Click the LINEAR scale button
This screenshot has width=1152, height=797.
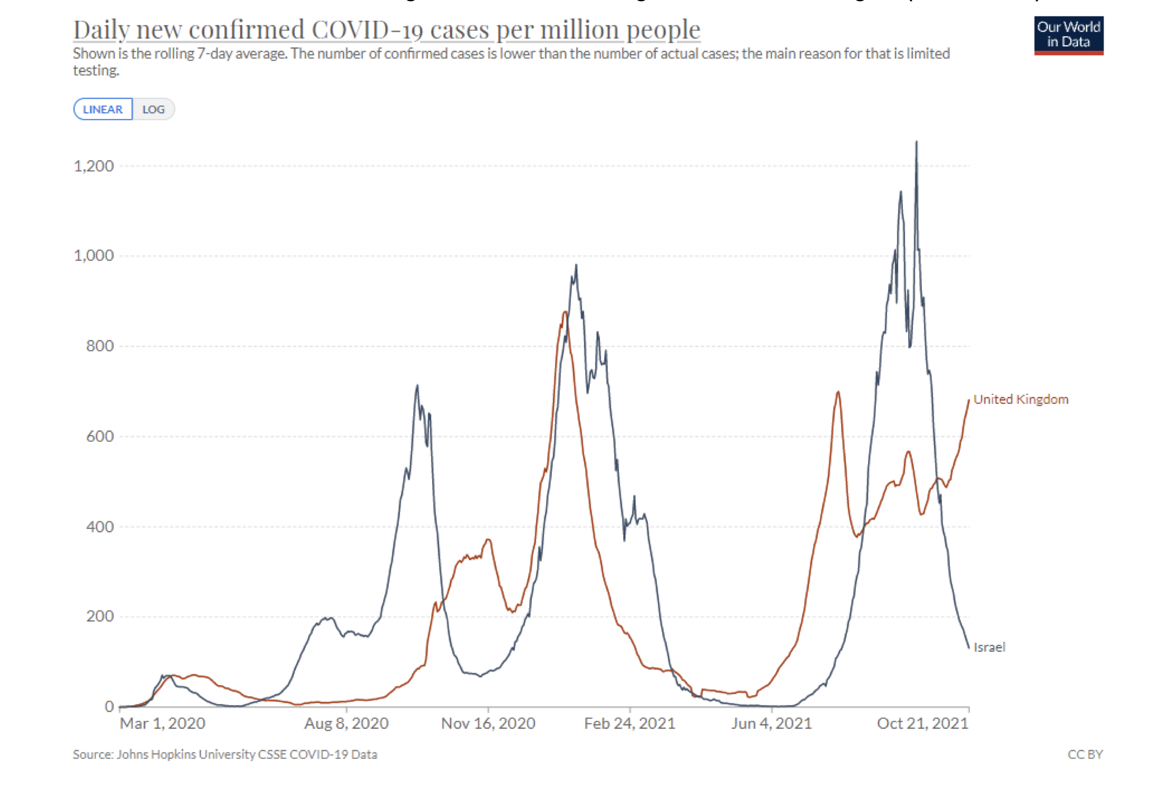click(103, 110)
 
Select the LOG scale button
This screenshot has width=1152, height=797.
click(153, 110)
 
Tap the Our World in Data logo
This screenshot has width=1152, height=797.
click(1068, 35)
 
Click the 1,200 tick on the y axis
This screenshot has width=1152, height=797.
click(94, 166)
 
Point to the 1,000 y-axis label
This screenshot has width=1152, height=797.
click(94, 256)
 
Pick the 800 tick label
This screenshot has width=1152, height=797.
click(100, 346)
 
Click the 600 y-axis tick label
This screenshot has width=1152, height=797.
click(100, 436)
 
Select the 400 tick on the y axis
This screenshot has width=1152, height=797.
click(100, 527)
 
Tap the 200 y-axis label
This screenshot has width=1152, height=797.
click(100, 616)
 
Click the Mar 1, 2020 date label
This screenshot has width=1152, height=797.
click(162, 724)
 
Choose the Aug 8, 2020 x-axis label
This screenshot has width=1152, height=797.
click(347, 724)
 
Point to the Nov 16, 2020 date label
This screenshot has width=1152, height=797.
click(488, 724)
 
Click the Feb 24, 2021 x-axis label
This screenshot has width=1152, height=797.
click(630, 724)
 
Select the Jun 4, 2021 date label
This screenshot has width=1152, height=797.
click(771, 724)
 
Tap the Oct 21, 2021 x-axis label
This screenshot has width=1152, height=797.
click(923, 724)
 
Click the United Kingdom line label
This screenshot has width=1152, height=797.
click(1021, 400)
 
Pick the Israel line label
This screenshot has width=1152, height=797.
click(989, 647)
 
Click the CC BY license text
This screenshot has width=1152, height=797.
click(1085, 754)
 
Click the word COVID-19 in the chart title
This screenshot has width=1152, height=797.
click(367, 30)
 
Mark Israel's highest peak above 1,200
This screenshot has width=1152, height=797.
click(916, 143)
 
